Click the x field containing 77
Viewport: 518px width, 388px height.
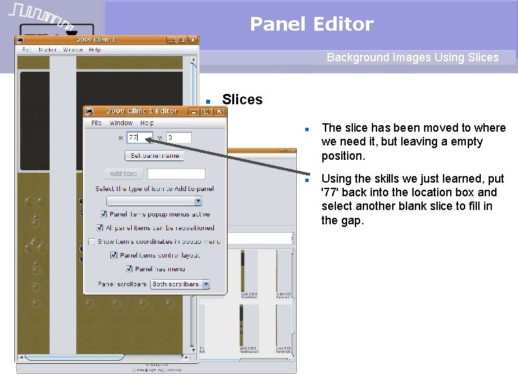(x=139, y=138)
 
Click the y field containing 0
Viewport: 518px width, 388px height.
(x=178, y=138)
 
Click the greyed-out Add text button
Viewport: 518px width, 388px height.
(x=123, y=173)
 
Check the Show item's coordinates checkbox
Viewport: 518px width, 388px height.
(x=92, y=241)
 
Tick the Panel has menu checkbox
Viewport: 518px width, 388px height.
(x=130, y=269)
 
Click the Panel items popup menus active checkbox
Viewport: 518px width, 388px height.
(x=104, y=214)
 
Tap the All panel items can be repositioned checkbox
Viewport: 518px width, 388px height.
(x=100, y=228)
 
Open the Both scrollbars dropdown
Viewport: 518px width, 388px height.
(x=180, y=284)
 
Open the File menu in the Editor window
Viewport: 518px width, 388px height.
(x=97, y=123)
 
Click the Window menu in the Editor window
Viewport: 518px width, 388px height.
(x=121, y=123)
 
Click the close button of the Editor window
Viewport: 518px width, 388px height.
(x=219, y=112)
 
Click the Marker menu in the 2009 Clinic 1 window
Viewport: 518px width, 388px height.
(x=48, y=50)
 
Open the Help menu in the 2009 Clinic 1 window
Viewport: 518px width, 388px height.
(x=95, y=50)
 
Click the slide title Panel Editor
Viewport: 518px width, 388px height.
(x=311, y=24)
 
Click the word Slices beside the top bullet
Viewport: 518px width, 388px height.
(x=242, y=100)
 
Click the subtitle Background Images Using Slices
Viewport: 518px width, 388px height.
(x=412, y=57)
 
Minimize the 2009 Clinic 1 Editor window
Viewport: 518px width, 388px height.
(x=193, y=112)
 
